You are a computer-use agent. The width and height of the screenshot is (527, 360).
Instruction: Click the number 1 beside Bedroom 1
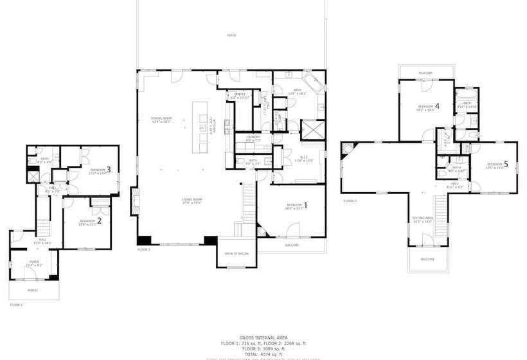(305, 206)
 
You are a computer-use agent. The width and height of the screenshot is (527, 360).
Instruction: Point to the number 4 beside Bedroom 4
(437, 106)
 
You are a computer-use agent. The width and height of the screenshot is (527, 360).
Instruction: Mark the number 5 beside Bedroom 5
(506, 165)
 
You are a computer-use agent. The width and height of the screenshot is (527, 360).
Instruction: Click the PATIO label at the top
(231, 35)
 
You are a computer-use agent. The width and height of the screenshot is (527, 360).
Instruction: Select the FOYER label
(33, 262)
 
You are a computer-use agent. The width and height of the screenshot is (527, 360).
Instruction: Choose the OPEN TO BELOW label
(237, 253)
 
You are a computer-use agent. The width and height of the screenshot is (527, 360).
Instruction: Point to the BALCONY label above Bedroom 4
(425, 73)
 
